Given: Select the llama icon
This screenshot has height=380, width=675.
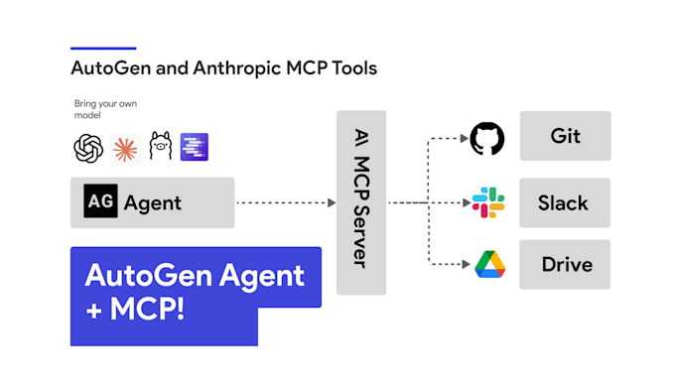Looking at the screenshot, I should click(160, 148).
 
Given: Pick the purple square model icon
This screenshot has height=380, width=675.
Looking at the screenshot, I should click(195, 148).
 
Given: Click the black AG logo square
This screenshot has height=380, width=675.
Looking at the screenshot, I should click(100, 202).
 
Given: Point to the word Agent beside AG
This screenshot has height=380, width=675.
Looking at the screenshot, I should click(153, 203).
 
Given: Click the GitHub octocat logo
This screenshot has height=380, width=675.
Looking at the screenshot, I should click(487, 138).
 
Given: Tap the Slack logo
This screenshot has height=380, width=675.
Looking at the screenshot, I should click(487, 202).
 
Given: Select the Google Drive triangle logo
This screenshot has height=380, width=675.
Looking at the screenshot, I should click(487, 264).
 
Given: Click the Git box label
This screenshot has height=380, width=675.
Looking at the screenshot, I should click(565, 137).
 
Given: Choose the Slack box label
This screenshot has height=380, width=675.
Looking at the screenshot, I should click(564, 202).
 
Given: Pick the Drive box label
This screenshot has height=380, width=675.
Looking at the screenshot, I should click(567, 265).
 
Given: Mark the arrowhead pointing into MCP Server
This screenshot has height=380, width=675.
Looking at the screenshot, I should click(332, 202).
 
